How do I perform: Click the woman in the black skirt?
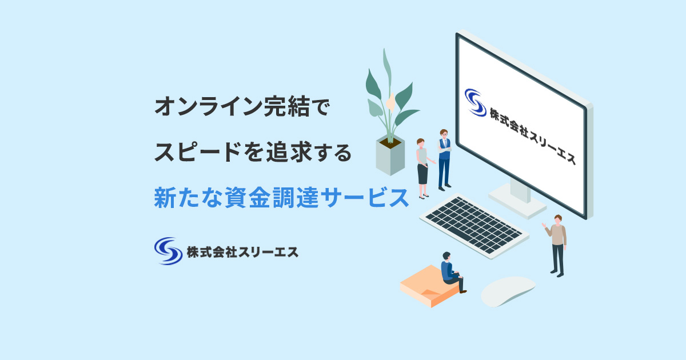click(x=422, y=168)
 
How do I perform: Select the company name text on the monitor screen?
click(x=532, y=135)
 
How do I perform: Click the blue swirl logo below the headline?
click(x=167, y=250)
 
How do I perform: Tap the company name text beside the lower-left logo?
click(x=242, y=251)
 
